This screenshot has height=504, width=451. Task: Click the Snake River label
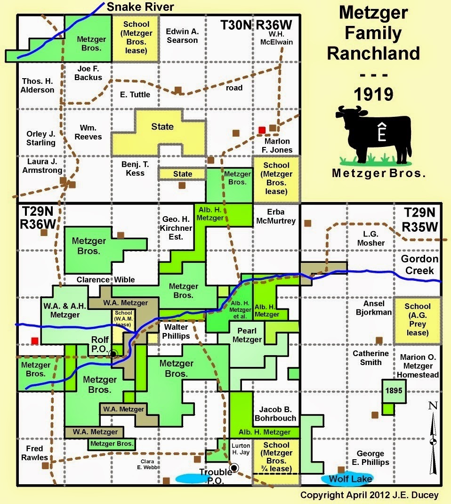click(x=140, y=7)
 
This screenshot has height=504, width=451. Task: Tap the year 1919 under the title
click(x=373, y=94)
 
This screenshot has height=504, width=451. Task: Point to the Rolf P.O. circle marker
click(x=113, y=354)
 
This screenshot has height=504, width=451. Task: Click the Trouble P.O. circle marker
click(x=234, y=467)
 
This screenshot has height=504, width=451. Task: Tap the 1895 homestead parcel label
click(x=394, y=390)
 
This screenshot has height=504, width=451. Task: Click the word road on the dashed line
click(x=234, y=88)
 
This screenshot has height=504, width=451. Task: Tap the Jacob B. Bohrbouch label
click(x=275, y=413)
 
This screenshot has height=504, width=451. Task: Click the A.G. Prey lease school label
click(x=417, y=319)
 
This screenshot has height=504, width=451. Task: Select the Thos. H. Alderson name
click(x=37, y=85)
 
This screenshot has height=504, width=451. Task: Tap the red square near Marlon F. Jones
click(x=262, y=130)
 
